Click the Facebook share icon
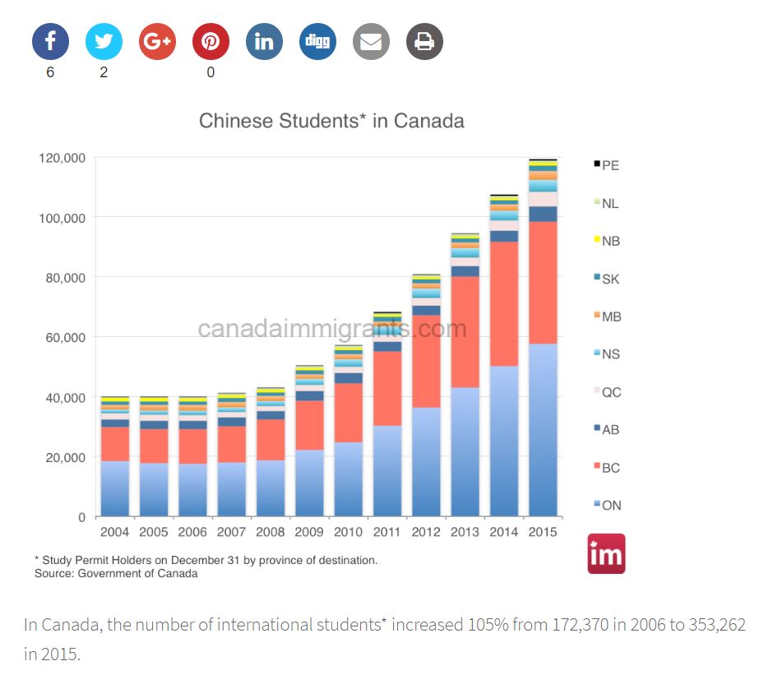50,41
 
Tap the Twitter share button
104,41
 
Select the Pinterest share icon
211,41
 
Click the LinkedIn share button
264,41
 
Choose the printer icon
424,41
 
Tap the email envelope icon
371,41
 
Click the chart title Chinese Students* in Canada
331,121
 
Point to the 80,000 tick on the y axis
63,277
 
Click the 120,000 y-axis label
62,157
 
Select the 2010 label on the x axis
348,532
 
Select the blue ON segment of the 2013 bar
465,452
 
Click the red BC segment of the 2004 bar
115,444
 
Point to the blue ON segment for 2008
271,488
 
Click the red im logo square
606,554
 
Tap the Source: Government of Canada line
116,573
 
